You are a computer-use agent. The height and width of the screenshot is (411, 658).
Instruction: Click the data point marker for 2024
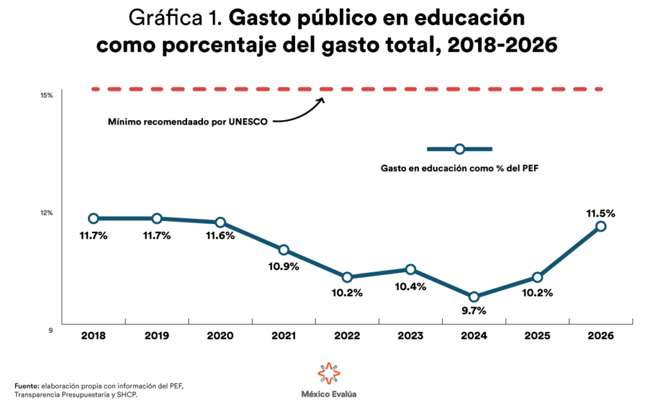click(x=474, y=297)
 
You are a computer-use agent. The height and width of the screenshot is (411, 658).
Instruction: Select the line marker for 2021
click(x=283, y=250)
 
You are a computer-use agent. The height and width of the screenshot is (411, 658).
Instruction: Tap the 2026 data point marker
click(x=600, y=226)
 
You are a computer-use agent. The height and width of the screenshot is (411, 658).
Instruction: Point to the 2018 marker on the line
click(x=93, y=218)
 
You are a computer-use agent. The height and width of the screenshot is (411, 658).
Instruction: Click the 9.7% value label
click(x=474, y=311)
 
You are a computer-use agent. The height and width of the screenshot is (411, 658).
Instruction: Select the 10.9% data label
click(x=283, y=267)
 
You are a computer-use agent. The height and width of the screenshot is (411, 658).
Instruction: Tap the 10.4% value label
click(x=410, y=286)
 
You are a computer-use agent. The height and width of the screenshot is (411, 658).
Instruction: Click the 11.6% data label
click(x=220, y=236)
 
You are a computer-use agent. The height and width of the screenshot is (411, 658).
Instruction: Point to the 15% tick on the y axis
click(x=46, y=96)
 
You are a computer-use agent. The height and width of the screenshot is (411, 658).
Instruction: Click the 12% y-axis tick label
click(x=46, y=213)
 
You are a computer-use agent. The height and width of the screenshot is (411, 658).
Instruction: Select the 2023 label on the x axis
click(x=410, y=336)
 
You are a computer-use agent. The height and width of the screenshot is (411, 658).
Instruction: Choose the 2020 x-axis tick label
click(x=220, y=336)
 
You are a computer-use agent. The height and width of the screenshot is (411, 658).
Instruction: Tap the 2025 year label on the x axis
click(x=537, y=336)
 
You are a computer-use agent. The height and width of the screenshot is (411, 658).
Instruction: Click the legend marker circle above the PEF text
click(x=459, y=149)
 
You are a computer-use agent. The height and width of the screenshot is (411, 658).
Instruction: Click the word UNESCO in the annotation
click(x=249, y=121)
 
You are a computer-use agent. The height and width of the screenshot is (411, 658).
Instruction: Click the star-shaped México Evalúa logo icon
click(x=328, y=373)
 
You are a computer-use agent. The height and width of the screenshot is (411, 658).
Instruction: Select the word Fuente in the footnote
click(x=27, y=385)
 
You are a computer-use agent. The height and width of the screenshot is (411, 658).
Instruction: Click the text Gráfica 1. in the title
click(x=175, y=17)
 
